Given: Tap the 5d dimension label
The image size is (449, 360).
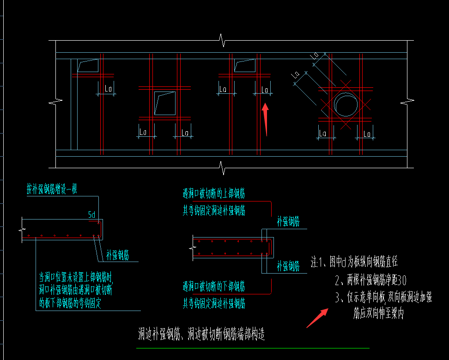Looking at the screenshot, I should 91,214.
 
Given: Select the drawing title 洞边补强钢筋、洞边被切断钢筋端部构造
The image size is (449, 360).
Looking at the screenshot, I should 201,334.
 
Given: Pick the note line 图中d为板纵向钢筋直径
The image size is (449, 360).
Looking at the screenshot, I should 353,262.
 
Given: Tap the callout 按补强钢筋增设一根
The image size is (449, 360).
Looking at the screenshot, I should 52,189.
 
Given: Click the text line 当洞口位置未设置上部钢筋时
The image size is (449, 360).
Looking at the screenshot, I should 76,277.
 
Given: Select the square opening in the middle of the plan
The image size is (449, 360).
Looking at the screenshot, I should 165,103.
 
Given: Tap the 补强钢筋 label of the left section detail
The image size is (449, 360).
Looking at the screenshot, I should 117,255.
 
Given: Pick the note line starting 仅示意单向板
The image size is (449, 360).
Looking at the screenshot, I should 383,298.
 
